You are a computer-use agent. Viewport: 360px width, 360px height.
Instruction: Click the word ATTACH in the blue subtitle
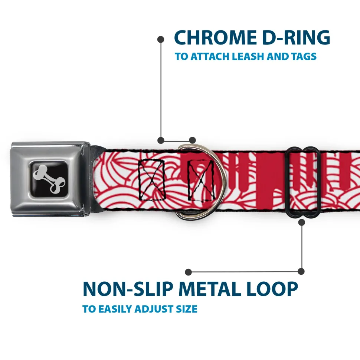point(210,57)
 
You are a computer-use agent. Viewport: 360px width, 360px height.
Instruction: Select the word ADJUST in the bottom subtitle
point(152,309)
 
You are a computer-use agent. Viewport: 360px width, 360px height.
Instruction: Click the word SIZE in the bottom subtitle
point(186,309)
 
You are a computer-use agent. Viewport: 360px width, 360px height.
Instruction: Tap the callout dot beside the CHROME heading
point(161,39)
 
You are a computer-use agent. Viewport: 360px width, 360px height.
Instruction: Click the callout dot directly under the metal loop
point(301,222)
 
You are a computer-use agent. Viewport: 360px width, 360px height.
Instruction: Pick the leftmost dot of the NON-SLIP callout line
point(189,272)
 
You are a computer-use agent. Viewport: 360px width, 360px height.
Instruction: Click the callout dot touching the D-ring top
point(192,140)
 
